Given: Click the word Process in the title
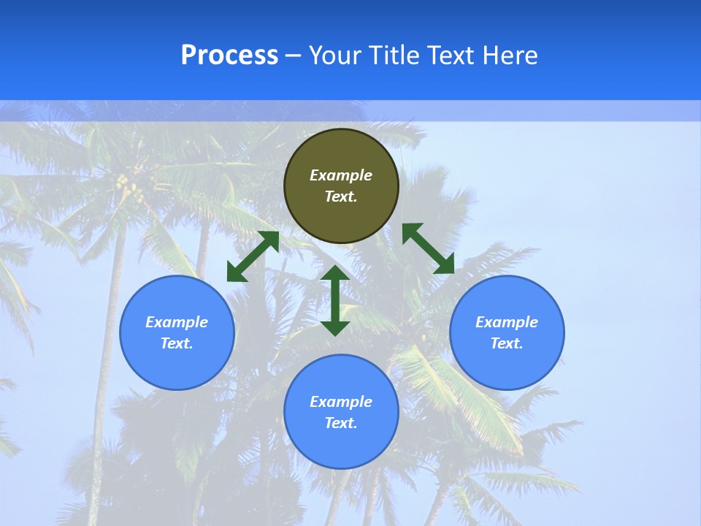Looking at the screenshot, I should click(229, 56).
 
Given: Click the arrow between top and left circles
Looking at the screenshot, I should click(253, 256).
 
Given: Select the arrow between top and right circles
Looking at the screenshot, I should click(429, 248).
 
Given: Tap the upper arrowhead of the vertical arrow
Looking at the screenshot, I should click(335, 273).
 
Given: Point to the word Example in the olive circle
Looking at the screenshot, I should click(341, 175).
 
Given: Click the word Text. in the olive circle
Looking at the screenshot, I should click(341, 197).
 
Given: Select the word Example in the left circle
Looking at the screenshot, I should click(177, 322).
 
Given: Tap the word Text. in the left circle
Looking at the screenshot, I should click(177, 343).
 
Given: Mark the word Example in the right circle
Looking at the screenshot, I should click(507, 322).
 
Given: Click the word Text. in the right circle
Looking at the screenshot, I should click(507, 343).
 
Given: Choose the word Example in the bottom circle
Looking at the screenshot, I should click(341, 402).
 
